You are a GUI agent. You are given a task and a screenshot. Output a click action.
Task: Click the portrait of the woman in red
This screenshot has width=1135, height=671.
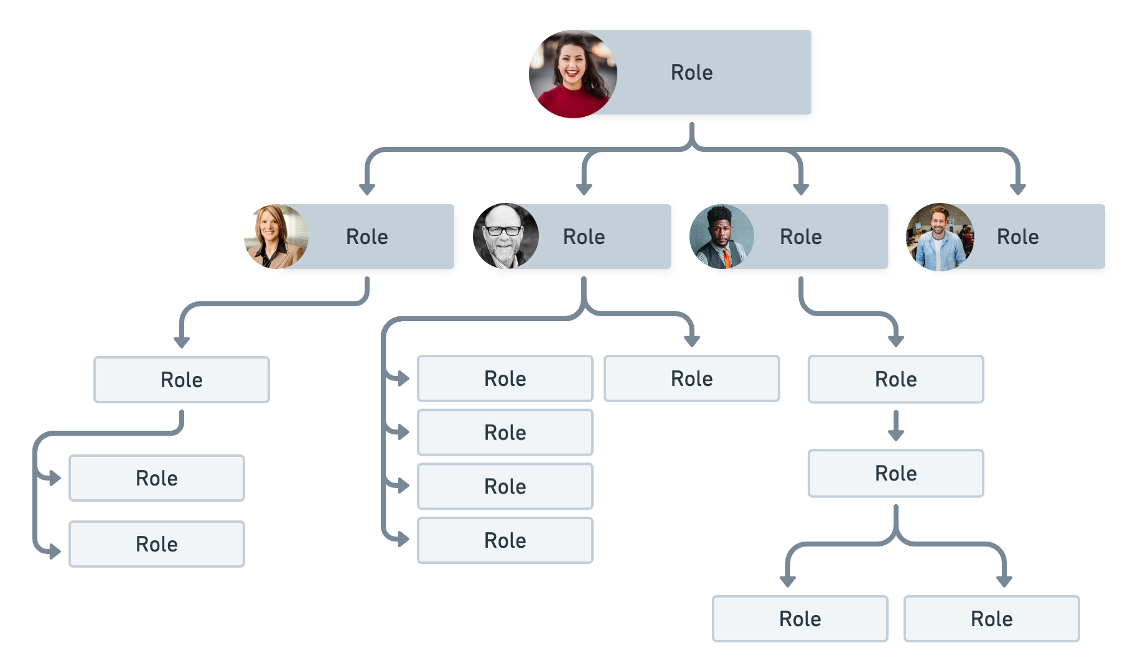tap(572, 74)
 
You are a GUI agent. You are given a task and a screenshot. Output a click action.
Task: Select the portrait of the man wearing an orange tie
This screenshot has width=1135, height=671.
tap(722, 237)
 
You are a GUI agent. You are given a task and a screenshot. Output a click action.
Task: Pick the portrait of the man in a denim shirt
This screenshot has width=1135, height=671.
tap(940, 237)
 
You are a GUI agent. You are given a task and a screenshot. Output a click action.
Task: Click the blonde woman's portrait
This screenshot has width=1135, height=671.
tap(276, 237)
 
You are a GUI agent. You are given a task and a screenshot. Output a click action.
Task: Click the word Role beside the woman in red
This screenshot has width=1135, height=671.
tap(691, 73)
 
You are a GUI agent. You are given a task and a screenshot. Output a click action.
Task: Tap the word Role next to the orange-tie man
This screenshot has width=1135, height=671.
tap(801, 237)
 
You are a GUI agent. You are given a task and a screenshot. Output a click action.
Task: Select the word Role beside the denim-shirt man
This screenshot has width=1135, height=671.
tap(1017, 237)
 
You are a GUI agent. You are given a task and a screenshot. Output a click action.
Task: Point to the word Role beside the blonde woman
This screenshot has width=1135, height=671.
tap(367, 237)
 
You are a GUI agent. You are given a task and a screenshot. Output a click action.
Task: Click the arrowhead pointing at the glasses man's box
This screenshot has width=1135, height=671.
tap(584, 188)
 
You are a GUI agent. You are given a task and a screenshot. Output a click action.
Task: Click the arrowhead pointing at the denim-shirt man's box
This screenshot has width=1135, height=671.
tap(1017, 188)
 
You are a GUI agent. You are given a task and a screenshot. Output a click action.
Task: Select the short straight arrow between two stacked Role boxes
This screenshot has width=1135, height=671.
tap(896, 427)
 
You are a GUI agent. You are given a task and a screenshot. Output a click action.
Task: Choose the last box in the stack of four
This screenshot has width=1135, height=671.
tap(505, 540)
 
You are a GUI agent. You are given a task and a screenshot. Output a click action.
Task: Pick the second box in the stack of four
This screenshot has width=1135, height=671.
tap(505, 433)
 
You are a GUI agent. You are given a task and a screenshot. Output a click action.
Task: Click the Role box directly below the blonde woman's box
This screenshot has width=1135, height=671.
tap(181, 380)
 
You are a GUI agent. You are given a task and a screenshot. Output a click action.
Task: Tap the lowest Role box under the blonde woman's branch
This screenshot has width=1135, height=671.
tap(156, 544)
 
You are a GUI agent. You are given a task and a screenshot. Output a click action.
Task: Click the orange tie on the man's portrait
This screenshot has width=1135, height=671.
tap(726, 257)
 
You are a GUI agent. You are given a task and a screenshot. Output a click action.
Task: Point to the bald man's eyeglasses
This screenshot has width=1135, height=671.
tap(503, 230)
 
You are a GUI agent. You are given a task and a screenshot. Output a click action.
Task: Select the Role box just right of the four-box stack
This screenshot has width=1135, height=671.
tap(691, 378)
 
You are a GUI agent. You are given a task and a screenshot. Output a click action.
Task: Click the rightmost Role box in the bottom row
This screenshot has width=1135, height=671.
tap(991, 619)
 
